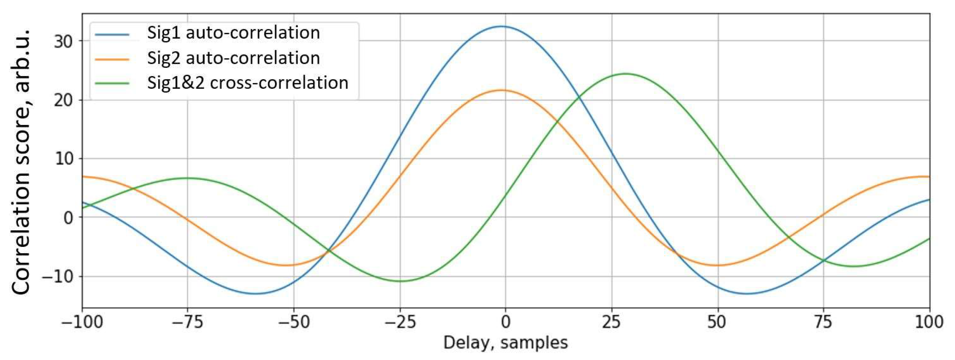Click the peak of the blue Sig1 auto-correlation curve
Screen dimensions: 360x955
tap(502, 26)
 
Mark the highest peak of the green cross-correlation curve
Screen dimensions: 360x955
tap(625, 74)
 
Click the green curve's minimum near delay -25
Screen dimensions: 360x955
tap(401, 281)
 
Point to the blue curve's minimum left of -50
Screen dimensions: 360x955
tap(256, 294)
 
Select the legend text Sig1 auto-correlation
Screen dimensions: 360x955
tap(233, 33)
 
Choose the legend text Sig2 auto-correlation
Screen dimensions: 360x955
tap(233, 58)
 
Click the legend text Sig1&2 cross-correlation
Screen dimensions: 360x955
tap(248, 83)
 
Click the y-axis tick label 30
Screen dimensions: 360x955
tap(63, 41)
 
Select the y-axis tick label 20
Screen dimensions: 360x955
tap(63, 100)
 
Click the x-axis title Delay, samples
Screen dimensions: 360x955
tap(505, 343)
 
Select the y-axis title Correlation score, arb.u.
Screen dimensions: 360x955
tap(21, 163)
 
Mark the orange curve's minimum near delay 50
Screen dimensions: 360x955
tap(717, 265)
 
